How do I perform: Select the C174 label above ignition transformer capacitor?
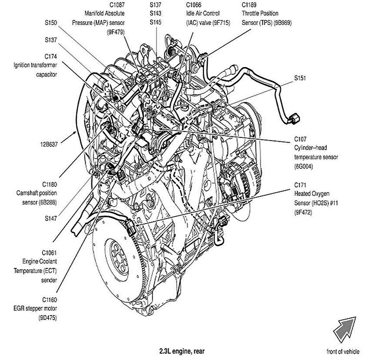(50, 57)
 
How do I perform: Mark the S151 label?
(300, 79)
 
